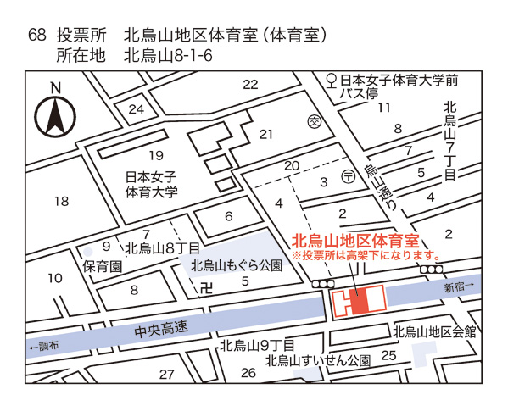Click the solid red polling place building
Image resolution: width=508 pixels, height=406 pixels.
coord(359,300)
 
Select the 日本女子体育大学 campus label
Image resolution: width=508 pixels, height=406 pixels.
coord(150,185)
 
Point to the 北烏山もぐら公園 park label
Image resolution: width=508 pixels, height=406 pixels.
coord(235,265)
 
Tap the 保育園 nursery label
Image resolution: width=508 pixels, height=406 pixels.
coord(103,266)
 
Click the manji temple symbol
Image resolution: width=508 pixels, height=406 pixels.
coord(201,288)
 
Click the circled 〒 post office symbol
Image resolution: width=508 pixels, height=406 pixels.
coord(349,176)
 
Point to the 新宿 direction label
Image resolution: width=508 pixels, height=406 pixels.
coord(459,288)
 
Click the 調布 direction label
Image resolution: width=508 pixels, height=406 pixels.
coord(44,347)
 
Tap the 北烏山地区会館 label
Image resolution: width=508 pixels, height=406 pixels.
coord(434,331)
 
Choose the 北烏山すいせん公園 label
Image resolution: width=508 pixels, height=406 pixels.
coord(317,360)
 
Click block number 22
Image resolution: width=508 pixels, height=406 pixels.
coord(250,84)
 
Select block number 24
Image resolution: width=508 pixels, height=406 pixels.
coord(137,109)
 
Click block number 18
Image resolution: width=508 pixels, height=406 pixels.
coord(60,202)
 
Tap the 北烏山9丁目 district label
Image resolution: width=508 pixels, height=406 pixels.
coord(256,345)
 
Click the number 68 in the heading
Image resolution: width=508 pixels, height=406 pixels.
coord(36,36)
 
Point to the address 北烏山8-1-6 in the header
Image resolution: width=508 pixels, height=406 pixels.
coord(167,57)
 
